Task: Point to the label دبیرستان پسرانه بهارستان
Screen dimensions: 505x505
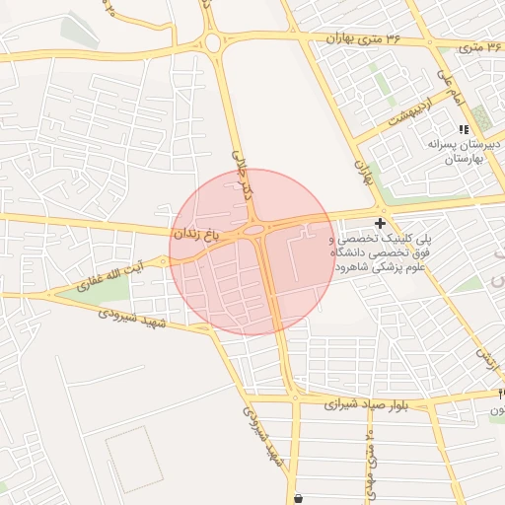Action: (466, 151)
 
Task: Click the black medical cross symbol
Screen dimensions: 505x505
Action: (380, 225)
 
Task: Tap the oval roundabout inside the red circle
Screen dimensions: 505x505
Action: (253, 230)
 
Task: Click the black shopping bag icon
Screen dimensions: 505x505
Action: (299, 496)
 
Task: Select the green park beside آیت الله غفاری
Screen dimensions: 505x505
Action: (99, 289)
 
